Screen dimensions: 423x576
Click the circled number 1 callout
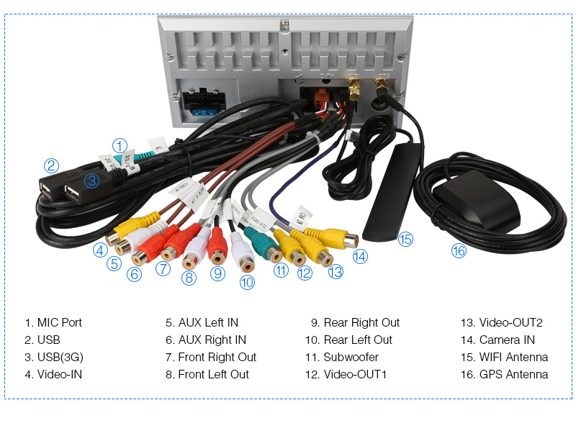[120, 145]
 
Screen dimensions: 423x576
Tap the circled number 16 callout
[459, 250]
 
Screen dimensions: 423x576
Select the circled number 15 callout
[406, 239]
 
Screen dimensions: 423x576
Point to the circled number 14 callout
[360, 255]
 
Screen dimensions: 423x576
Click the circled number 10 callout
[247, 283]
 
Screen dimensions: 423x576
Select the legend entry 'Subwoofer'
[351, 357]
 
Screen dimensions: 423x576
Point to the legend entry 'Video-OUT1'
[355, 374]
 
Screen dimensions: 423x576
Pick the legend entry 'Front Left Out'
[213, 374]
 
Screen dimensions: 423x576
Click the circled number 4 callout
[101, 250]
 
